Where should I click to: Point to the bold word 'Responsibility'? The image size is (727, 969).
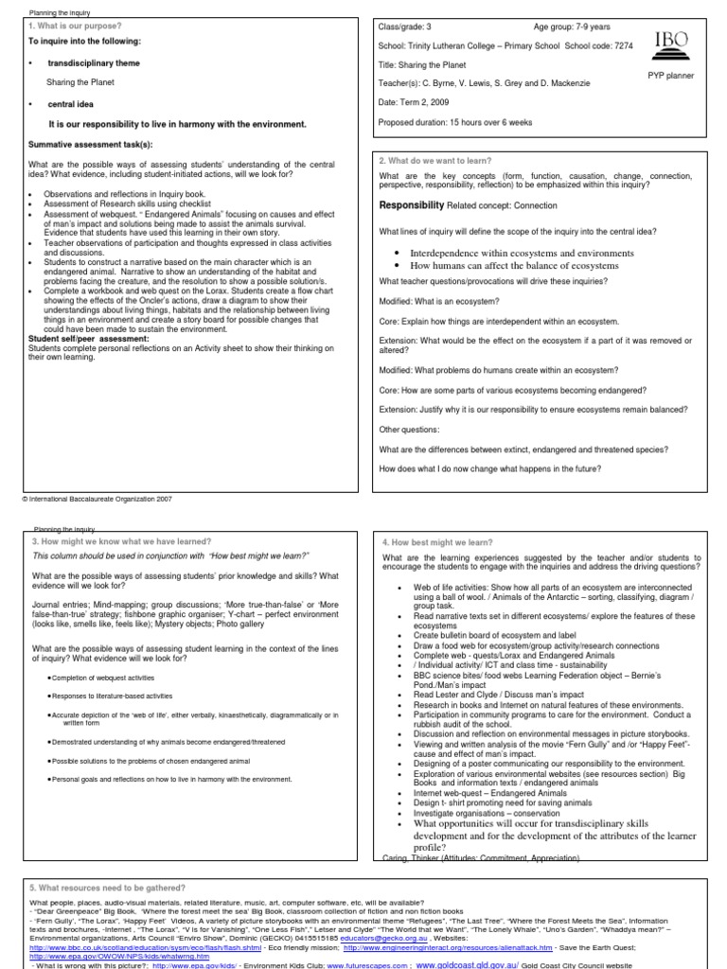pyautogui.click(x=411, y=204)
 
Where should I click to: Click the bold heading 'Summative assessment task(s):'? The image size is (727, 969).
pyautogui.click(x=90, y=144)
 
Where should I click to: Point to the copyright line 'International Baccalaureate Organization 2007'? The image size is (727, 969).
pyautogui.click(x=96, y=498)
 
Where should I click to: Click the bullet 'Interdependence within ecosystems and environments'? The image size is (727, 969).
pyautogui.click(x=522, y=254)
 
